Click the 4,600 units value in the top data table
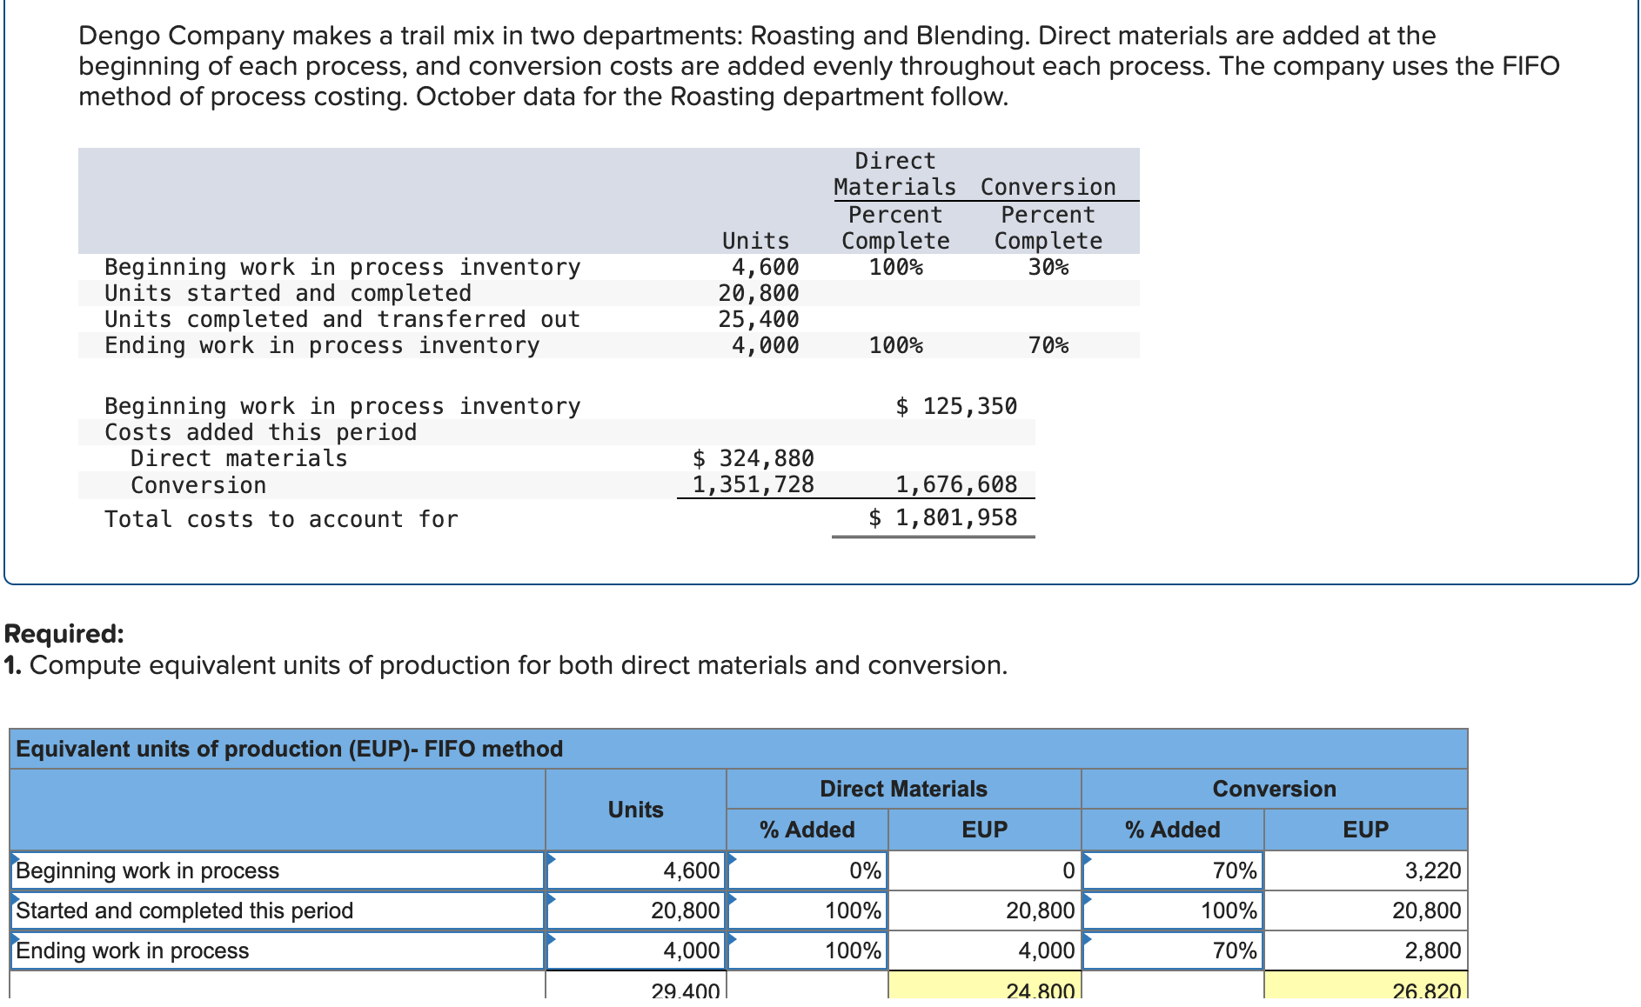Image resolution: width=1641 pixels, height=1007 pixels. pyautogui.click(x=765, y=267)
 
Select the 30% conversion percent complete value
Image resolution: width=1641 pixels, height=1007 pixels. pyautogui.click(x=1048, y=267)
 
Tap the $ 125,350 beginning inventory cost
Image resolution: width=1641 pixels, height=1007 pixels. pyautogui.click(x=956, y=406)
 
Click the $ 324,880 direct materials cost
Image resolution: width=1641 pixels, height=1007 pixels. pyautogui.click(x=754, y=458)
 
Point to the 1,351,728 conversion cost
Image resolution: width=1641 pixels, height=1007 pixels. pyautogui.click(x=754, y=484)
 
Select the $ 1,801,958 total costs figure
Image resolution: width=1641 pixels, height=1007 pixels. pyautogui.click(x=943, y=517)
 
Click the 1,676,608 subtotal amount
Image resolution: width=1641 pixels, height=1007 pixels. pyautogui.click(x=956, y=484)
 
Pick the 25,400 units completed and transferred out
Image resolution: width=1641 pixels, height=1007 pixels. pyautogui.click(x=758, y=319)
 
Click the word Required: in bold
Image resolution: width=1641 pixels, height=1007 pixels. pyautogui.click(x=64, y=634)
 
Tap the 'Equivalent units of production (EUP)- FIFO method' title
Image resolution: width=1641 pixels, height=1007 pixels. pyautogui.click(x=289, y=749)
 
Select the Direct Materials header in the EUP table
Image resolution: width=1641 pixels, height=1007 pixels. pyautogui.click(x=903, y=789)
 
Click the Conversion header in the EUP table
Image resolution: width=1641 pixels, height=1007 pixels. pyautogui.click(x=1274, y=789)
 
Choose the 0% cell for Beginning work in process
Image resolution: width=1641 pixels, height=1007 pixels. pyautogui.click(x=865, y=870)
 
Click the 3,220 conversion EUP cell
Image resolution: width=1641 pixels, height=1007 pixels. pyautogui.click(x=1432, y=870)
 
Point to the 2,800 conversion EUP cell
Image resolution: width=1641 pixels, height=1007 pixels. pyautogui.click(x=1432, y=950)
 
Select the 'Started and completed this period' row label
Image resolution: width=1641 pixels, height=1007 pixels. pyautogui.click(x=184, y=910)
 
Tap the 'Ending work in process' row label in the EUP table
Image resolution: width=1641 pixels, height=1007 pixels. pyautogui.click(x=132, y=950)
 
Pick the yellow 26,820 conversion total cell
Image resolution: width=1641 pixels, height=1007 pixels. pyautogui.click(x=1426, y=990)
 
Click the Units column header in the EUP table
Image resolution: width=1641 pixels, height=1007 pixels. pyautogui.click(x=635, y=810)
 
